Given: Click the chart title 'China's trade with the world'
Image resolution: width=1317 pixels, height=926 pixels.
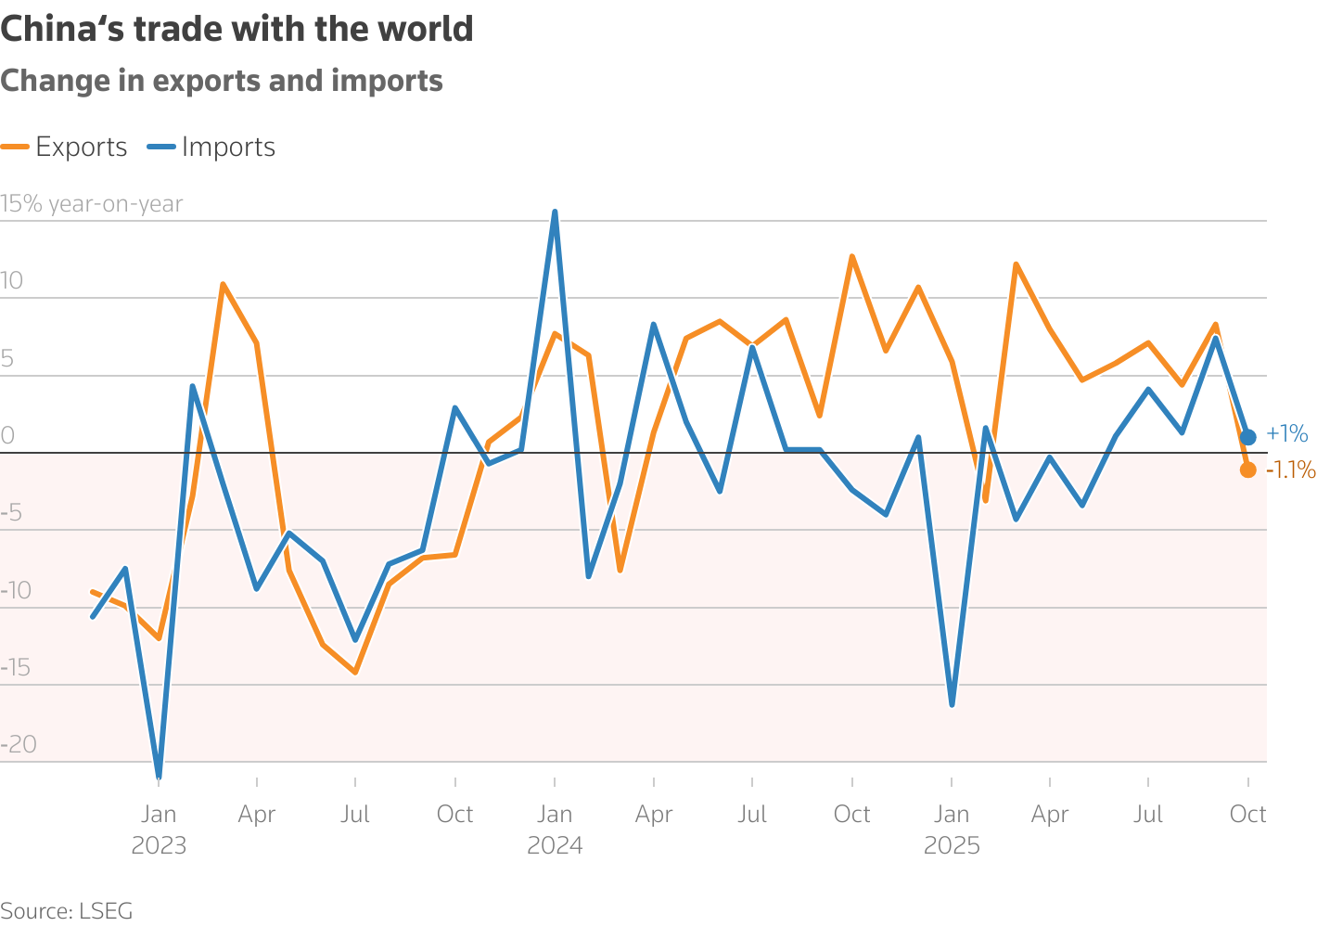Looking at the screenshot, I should coord(237,30).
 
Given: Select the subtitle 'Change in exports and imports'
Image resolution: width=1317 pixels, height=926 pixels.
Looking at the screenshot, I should coord(222,82).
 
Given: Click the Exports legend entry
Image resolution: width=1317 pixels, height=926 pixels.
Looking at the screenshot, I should coord(65,147).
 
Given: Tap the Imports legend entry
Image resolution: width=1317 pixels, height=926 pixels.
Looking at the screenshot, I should coord(212,147).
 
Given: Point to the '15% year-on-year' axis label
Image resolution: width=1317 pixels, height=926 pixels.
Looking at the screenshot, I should coord(92,204).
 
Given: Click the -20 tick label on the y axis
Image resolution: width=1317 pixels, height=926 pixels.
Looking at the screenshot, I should coord(19,744).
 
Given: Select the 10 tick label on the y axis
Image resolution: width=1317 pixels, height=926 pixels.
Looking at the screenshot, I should coord(12,281).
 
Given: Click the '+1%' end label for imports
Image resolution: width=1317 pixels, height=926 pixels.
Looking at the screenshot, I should coord(1286,433).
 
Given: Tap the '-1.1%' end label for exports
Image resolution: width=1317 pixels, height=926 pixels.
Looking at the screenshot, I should coord(1290,470).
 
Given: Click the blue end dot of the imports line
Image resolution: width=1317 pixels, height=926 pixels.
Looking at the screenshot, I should coord(1247,437).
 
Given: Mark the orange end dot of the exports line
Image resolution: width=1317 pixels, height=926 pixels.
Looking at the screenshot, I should coord(1247,469).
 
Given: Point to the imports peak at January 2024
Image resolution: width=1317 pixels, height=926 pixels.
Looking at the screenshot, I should coord(555,212).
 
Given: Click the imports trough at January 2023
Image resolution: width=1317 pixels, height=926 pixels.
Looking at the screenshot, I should coord(159,775).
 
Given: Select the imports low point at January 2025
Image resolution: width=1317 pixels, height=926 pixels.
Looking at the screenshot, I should coord(952,704).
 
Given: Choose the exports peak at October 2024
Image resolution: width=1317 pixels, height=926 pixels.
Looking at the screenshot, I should coord(851,257).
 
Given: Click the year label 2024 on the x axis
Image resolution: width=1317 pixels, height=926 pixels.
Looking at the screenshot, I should coord(555,846).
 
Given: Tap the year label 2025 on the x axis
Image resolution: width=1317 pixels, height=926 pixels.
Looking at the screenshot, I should coord(952,846).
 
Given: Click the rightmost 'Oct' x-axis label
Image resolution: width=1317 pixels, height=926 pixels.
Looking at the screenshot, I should coord(1247,815).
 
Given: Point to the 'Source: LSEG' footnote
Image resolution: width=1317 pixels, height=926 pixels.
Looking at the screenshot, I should coord(67,910).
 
